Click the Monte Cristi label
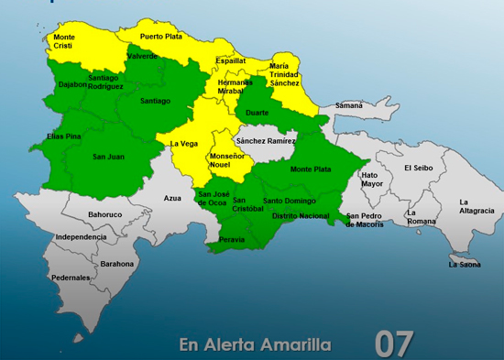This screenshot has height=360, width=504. pyautogui.click(x=65, y=42)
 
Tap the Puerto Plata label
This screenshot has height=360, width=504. pyautogui.click(x=161, y=37)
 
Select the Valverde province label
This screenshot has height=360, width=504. pyautogui.click(x=142, y=56)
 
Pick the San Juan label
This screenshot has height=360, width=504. pyautogui.click(x=108, y=157)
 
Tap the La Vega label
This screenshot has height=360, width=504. pyautogui.click(x=184, y=142)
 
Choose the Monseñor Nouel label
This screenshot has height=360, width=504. pyautogui.click(x=229, y=161)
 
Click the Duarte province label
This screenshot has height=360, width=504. pyautogui.click(x=257, y=113)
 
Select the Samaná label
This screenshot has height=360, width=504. pyautogui.click(x=348, y=105)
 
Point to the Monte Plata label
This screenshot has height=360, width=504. pyautogui.click(x=311, y=169)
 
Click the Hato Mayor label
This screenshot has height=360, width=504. pyautogui.click(x=371, y=179)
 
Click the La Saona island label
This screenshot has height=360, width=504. pyautogui.click(x=465, y=265)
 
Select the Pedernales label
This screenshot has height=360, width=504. pyautogui.click(x=71, y=277)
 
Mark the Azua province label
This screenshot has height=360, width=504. pyautogui.click(x=172, y=198)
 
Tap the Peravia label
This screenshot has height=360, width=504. pyautogui.click(x=233, y=240)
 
